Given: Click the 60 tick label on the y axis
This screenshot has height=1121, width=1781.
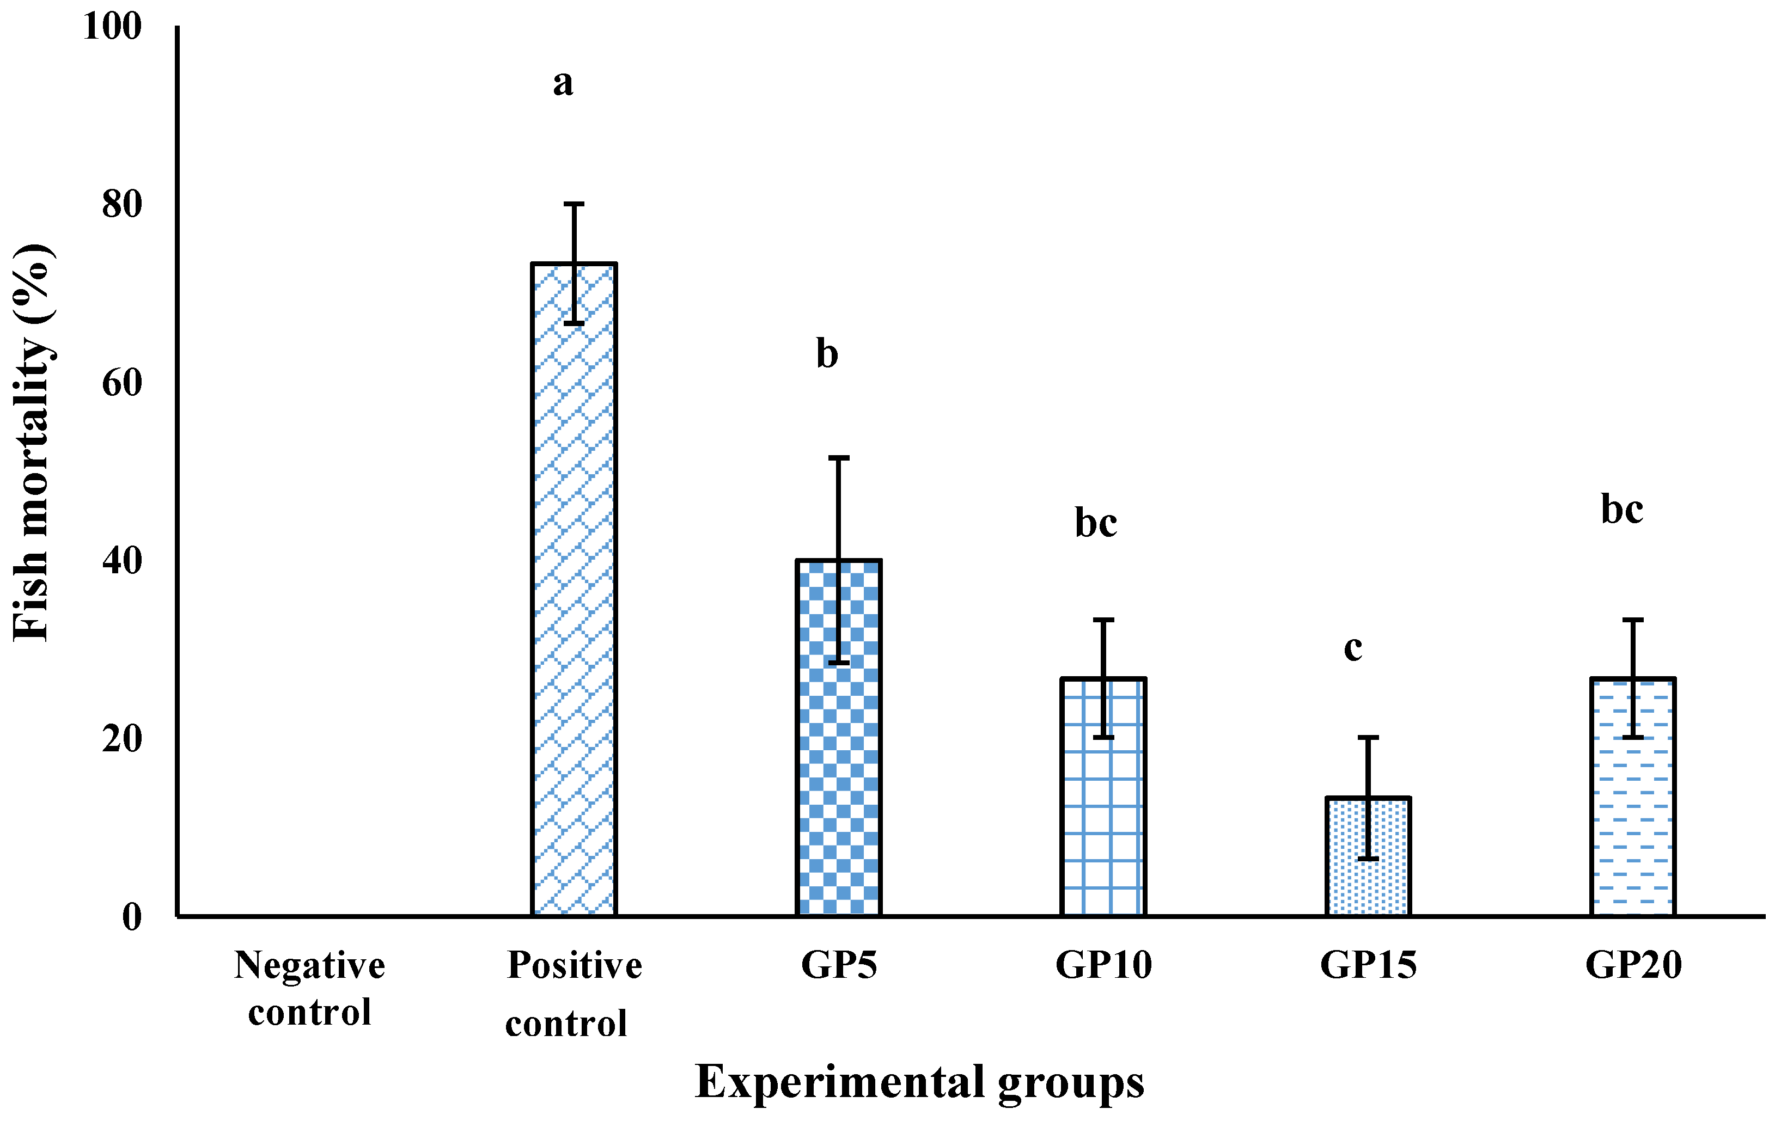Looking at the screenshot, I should click(x=122, y=383).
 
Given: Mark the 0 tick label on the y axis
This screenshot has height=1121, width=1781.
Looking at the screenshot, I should click(x=132, y=917).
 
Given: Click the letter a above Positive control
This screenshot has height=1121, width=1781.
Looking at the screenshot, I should click(x=563, y=83).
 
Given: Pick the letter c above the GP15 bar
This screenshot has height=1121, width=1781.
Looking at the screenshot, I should click(x=1353, y=648).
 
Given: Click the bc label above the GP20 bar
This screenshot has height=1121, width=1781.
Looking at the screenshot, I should click(x=1622, y=510).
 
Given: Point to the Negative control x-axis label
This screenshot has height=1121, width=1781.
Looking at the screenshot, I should click(x=309, y=989).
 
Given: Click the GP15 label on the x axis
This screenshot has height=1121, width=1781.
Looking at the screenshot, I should click(x=1368, y=965).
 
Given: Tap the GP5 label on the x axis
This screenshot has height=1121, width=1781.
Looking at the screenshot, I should click(x=839, y=965).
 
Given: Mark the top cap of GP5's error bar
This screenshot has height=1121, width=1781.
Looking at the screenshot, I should click(x=839, y=458).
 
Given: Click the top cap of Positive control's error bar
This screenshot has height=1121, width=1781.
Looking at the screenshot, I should click(x=574, y=203).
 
